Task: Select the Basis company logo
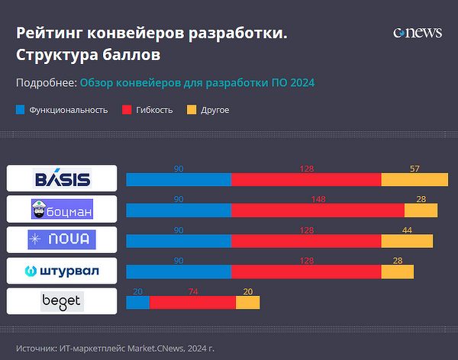pyautogui.click(x=62, y=178)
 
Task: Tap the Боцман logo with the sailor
pyautogui.click(x=62, y=209)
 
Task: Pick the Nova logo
pyautogui.click(x=62, y=239)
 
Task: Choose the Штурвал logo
pyautogui.click(x=62, y=271)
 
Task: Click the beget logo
pyautogui.click(x=62, y=301)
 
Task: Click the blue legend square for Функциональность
pyautogui.click(x=21, y=110)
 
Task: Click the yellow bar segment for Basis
pyautogui.click(x=414, y=180)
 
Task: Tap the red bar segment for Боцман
pyautogui.click(x=318, y=211)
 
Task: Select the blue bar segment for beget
pyautogui.click(x=137, y=303)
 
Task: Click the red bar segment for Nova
pyautogui.click(x=306, y=241)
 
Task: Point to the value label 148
pyautogui.click(x=318, y=199)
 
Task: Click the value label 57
pyautogui.click(x=414, y=169)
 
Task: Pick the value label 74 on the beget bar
pyautogui.click(x=192, y=291)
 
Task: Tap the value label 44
pyautogui.click(x=407, y=230)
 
